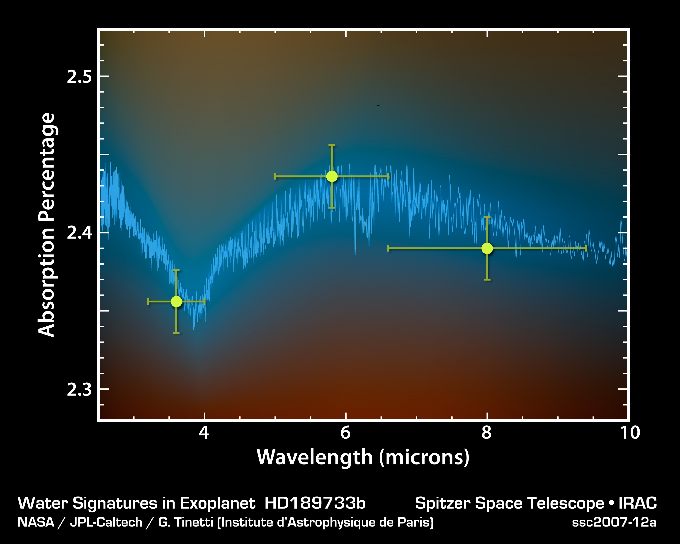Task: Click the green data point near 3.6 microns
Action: pos(176,301)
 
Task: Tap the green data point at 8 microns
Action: pos(487,248)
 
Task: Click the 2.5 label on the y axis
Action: pos(79,77)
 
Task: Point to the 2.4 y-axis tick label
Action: pos(79,233)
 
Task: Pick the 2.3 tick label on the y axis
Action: pos(79,389)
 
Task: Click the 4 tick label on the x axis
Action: pos(204,433)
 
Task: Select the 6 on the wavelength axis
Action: pos(345,433)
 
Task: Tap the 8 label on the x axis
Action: pos(487,433)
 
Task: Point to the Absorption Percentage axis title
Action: pos(47,225)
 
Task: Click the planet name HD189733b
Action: pos(315,503)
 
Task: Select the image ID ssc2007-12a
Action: pos(614,522)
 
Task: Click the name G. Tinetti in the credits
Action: pos(186,522)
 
